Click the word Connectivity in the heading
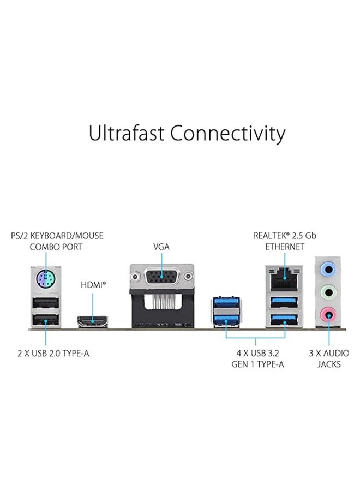(227, 133)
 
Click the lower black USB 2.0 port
(46, 320)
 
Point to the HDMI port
(93, 320)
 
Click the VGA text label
(161, 247)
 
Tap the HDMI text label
(93, 284)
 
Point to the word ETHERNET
(285, 247)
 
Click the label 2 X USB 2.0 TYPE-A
(53, 354)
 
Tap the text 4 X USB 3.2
(257, 354)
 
